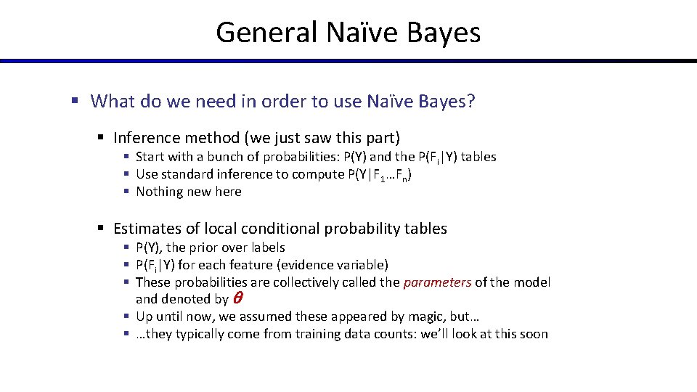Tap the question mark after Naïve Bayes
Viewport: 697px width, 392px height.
click(x=471, y=101)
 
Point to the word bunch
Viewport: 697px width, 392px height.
click(x=233, y=157)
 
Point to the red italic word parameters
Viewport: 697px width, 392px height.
click(x=437, y=282)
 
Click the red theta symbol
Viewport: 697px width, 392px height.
click(x=236, y=298)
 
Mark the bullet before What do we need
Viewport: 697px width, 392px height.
click(x=74, y=101)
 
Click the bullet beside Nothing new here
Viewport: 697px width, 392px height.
click(x=127, y=192)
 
